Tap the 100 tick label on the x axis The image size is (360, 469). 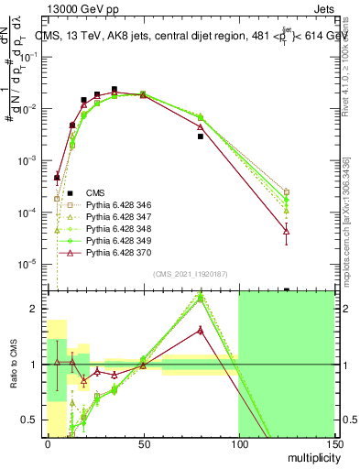pyautogui.click(x=238, y=444)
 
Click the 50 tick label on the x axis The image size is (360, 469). pyautogui.click(x=143, y=444)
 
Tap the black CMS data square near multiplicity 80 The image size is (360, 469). pyautogui.click(x=200, y=136)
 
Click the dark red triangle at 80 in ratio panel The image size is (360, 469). pyautogui.click(x=200, y=330)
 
